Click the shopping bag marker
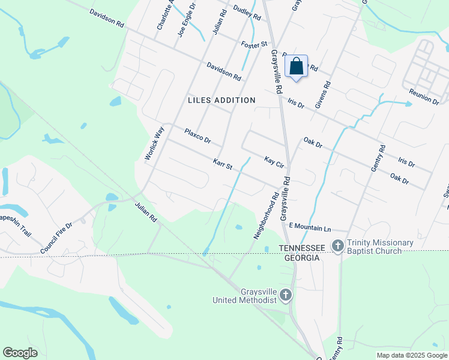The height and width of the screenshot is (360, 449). (x=297, y=67)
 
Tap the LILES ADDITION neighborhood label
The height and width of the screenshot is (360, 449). (x=221, y=100)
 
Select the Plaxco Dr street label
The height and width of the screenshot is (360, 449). (x=197, y=136)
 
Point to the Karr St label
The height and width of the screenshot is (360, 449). (x=222, y=163)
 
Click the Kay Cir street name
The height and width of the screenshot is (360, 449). (x=273, y=161)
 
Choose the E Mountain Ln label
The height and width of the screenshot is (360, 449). (x=310, y=226)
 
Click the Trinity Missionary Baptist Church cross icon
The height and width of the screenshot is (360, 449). (x=338, y=245)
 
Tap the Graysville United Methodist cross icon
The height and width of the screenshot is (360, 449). (x=285, y=295)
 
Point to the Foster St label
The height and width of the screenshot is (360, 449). (x=254, y=45)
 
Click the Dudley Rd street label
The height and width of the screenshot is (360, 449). (x=247, y=13)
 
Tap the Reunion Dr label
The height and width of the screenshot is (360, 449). (x=424, y=97)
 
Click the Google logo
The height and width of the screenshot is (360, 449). (x=20, y=353)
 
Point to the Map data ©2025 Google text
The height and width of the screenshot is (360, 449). (x=411, y=355)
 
